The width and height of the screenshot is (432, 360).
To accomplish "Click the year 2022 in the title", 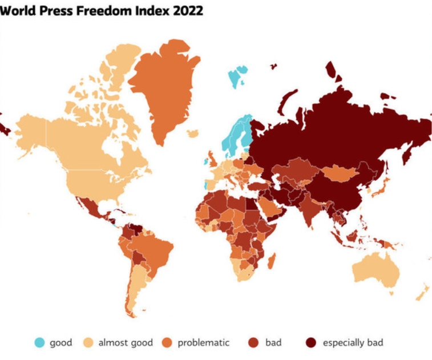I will coord(188,11).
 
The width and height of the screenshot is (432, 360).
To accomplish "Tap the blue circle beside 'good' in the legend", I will coord(39,342).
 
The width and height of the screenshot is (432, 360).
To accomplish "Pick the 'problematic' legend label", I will coord(203,342).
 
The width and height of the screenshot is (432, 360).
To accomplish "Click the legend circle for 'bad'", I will coord(255,342).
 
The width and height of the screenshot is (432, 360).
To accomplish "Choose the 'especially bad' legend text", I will coord(353,342).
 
